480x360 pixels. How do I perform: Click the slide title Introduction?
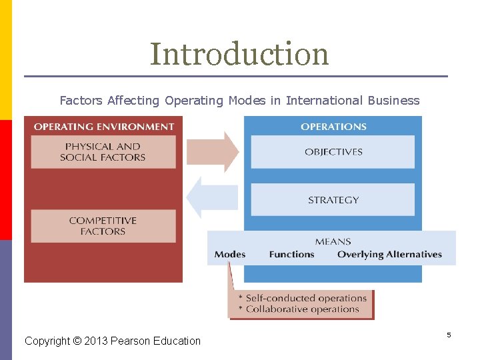point(239,54)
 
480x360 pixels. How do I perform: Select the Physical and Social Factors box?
point(103,152)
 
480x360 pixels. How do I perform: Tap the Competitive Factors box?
point(103,226)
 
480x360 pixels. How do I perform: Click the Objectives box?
point(333,152)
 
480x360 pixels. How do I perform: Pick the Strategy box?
point(333,200)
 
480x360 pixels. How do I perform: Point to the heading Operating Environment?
point(103,127)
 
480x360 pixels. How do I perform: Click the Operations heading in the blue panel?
point(333,127)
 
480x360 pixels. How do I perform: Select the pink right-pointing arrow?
point(213,152)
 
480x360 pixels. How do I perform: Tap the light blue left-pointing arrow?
point(211,197)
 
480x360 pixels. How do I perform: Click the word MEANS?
point(332,241)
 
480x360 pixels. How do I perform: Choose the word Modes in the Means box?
point(230,255)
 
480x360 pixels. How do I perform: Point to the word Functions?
point(291,255)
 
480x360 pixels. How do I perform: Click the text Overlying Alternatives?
point(389,255)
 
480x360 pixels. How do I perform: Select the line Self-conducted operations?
point(303,298)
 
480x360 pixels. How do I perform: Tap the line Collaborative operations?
point(302,309)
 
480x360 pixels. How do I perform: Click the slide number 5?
point(449,335)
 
